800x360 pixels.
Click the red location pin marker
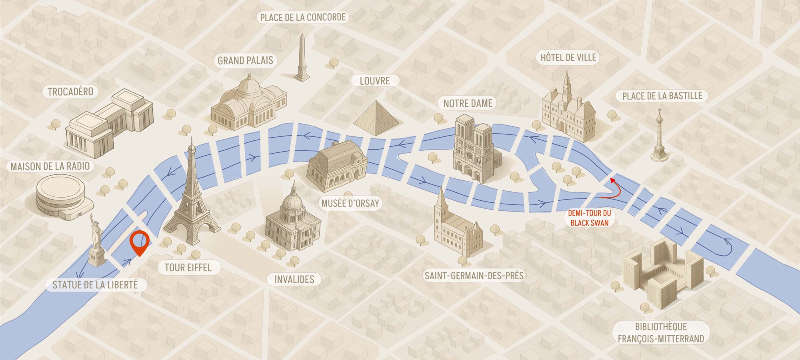point(140,242)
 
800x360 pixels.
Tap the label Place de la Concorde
point(302,17)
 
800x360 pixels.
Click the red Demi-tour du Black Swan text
point(589,218)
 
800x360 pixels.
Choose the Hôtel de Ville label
point(568,58)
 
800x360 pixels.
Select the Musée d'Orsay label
point(350,203)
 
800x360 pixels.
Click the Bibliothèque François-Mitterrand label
point(660,333)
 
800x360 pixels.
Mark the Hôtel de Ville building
point(569,110)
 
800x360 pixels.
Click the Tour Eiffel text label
point(188,267)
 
